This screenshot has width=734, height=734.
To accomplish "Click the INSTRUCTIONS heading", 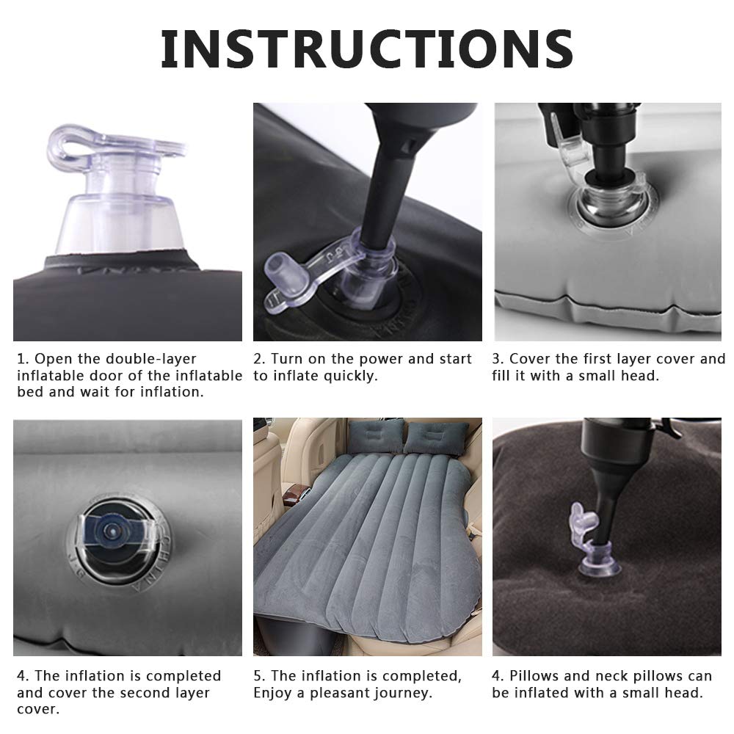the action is click(x=366, y=49).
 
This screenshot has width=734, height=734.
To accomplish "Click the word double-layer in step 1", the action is click(x=150, y=359).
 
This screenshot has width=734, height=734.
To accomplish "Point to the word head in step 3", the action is click(x=642, y=375).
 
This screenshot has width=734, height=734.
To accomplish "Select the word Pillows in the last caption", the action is click(x=534, y=676).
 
